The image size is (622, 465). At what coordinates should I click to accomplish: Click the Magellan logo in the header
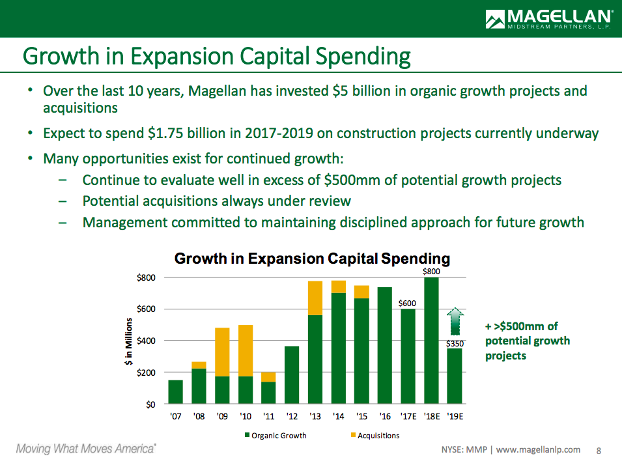(x=548, y=18)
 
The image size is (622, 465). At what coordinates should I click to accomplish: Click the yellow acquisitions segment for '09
(x=222, y=352)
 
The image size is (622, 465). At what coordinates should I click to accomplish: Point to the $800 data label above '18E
(x=431, y=271)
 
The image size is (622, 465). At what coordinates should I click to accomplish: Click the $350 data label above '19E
(x=455, y=343)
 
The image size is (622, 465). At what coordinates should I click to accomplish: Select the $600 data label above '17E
(x=408, y=303)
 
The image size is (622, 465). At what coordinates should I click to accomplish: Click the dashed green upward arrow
(x=455, y=322)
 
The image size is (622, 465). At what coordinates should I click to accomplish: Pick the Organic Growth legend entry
(x=274, y=435)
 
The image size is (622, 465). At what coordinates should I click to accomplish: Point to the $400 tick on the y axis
(x=145, y=341)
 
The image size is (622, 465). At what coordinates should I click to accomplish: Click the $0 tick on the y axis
(x=150, y=404)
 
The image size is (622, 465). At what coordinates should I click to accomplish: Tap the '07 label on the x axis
(x=175, y=417)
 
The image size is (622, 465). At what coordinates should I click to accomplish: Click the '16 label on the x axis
(x=384, y=417)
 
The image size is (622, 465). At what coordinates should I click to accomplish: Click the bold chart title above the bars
(x=312, y=259)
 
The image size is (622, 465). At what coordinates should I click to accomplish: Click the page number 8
(x=600, y=450)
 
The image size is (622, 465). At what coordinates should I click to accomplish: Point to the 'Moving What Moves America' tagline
(x=86, y=449)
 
